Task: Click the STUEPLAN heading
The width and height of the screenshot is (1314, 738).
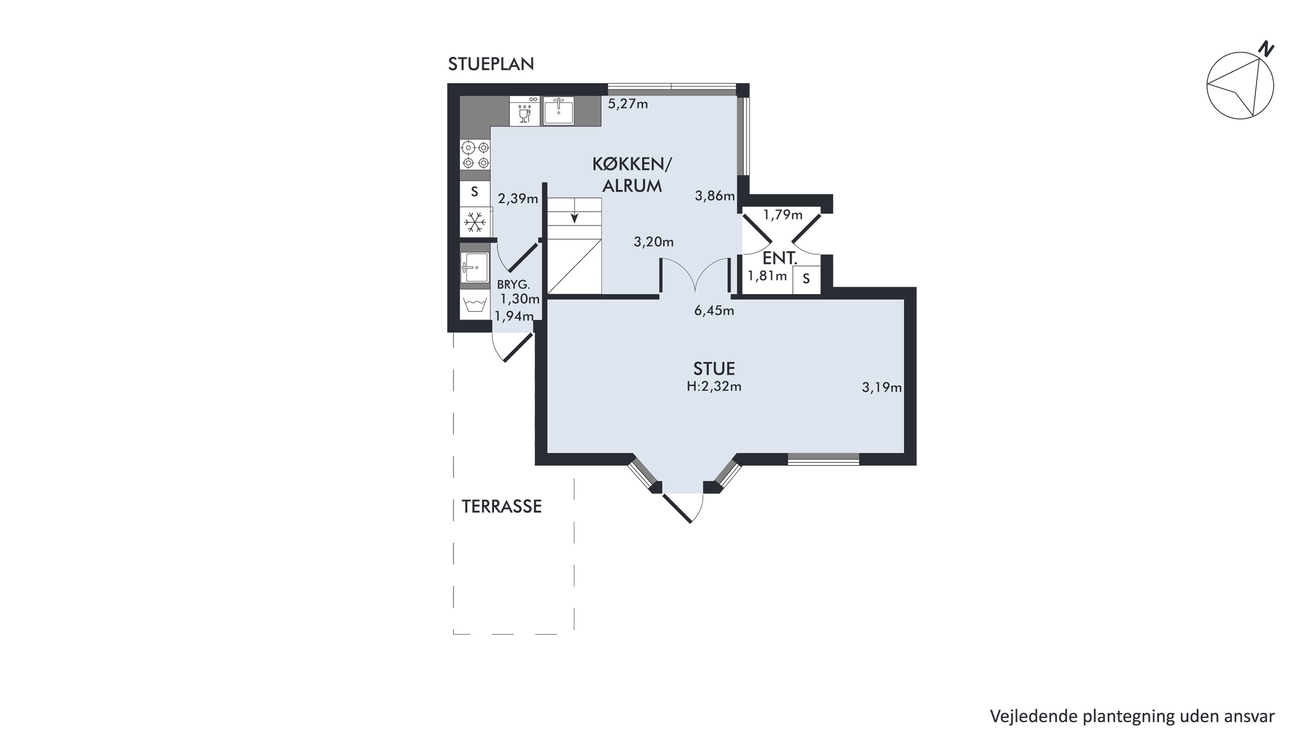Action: (491, 64)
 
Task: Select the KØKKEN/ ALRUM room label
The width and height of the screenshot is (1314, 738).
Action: (632, 175)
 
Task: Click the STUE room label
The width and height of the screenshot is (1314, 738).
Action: (714, 368)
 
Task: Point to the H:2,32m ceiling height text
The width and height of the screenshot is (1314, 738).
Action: (714, 387)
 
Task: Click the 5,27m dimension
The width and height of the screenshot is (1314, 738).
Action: (628, 104)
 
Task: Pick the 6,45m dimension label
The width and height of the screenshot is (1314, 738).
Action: (714, 310)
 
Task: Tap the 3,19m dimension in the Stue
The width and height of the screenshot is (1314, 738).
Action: (882, 388)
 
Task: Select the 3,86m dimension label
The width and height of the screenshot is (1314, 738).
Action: (715, 196)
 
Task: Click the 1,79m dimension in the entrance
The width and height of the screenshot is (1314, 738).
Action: (783, 215)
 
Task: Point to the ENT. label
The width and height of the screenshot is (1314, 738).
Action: (779, 258)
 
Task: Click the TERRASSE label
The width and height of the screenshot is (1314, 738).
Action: (501, 506)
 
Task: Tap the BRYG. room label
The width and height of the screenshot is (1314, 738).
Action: (513, 285)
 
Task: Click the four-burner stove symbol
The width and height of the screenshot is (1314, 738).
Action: (475, 155)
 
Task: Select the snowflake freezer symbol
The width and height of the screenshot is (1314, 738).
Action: (475, 222)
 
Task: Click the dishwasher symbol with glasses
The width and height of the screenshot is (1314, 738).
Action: (524, 111)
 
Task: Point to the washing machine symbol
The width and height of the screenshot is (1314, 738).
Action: (475, 304)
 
